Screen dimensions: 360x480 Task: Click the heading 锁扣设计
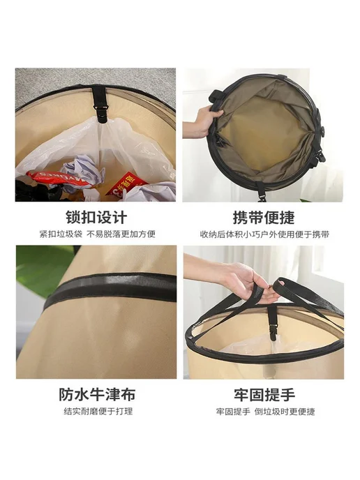click(96, 218)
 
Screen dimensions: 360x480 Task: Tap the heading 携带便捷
click(264, 218)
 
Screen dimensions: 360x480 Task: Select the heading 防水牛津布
click(97, 394)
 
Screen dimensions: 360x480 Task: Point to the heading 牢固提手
click(264, 395)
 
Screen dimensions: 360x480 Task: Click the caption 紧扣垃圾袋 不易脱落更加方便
click(98, 234)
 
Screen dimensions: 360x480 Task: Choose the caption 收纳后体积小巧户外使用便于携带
click(264, 234)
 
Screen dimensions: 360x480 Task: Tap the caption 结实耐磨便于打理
click(98, 411)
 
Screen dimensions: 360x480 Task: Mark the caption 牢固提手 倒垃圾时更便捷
click(265, 412)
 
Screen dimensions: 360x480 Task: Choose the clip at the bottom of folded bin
click(260, 191)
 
